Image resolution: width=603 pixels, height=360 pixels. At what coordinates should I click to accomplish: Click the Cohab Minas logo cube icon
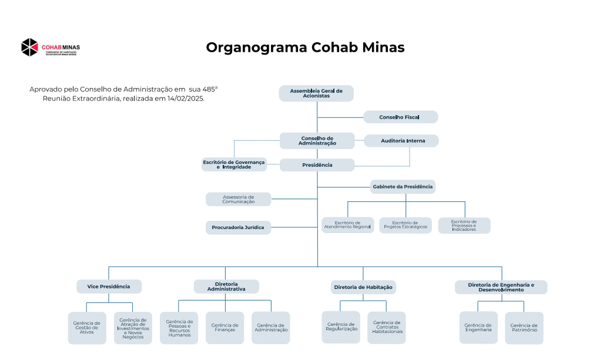pos(29,47)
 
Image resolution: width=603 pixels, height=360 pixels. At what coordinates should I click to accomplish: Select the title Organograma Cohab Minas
pos(305,48)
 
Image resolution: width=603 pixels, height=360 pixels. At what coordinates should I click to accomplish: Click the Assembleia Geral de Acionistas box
pos(316,93)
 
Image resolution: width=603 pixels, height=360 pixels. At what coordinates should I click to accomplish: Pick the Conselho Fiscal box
pos(400,117)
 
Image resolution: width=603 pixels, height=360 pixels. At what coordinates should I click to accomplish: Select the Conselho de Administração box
pos(317,141)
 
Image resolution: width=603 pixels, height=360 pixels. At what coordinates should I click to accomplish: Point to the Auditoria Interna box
pos(401,141)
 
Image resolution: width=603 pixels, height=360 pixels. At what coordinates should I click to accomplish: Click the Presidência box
pos(317,165)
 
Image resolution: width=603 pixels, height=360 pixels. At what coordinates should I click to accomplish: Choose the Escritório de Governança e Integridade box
pos(234,164)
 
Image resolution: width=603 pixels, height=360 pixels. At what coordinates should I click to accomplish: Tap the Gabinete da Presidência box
pos(403,187)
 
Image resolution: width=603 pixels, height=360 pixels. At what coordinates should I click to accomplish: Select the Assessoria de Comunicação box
pos(238,199)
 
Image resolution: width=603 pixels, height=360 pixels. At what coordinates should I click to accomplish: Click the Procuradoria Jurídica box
pos(238,227)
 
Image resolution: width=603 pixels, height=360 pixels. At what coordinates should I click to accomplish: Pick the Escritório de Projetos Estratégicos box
pos(405,226)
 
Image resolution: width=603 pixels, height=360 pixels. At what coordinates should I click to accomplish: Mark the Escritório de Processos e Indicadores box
pos(464,226)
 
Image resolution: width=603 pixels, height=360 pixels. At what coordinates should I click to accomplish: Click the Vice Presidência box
pos(109,287)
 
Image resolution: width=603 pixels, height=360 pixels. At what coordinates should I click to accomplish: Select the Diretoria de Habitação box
pos(363,287)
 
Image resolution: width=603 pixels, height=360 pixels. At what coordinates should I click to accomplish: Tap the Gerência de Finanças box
pos(225,328)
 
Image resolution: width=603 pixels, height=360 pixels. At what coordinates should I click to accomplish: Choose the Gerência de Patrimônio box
pos(524,328)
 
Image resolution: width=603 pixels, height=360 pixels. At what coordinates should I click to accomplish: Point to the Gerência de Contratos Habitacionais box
pos(386,328)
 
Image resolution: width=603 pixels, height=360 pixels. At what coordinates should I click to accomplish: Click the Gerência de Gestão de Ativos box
pos(87,328)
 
